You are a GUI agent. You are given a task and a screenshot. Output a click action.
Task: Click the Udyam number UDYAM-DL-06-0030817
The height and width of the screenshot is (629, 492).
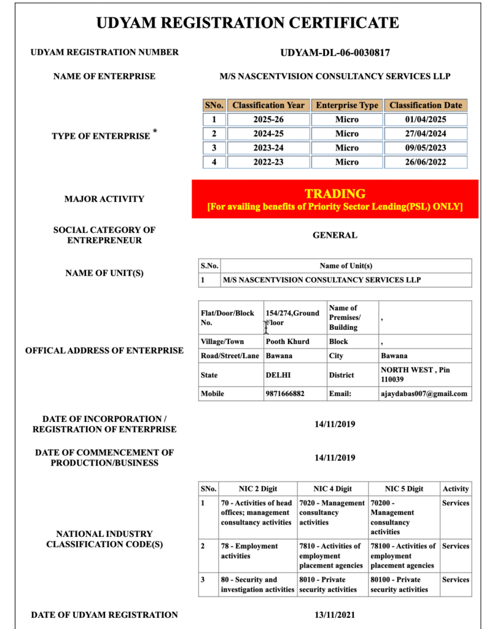tap(335, 53)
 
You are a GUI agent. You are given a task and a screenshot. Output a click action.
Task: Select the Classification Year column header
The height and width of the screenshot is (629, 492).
tap(268, 105)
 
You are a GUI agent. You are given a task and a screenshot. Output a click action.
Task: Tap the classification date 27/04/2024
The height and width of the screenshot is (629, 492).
tap(426, 133)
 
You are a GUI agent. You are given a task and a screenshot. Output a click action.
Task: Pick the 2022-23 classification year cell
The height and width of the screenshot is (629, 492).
tap(268, 162)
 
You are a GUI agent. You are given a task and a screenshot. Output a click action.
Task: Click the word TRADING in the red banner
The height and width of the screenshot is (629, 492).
tap(335, 193)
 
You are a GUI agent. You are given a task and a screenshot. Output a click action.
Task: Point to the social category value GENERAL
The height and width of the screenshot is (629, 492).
tap(335, 235)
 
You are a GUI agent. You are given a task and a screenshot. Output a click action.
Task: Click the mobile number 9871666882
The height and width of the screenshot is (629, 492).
tap(285, 394)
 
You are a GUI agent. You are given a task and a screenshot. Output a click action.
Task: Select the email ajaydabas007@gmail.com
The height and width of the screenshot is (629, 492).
tap(424, 394)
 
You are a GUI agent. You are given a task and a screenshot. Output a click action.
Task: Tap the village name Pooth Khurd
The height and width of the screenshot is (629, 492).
tap(287, 342)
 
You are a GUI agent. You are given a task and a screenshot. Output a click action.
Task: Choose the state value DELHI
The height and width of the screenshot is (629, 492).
tap(278, 375)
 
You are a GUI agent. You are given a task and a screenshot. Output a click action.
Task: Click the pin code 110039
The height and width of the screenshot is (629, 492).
tap(393, 380)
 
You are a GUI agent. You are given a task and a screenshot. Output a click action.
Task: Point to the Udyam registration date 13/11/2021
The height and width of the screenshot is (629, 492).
tap(335, 615)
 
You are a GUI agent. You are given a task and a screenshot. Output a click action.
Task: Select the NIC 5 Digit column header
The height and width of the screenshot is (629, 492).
tap(404, 489)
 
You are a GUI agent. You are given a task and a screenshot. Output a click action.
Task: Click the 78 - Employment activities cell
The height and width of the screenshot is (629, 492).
tap(249, 551)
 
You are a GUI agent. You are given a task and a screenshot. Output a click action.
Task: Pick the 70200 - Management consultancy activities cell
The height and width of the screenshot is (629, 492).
tap(392, 517)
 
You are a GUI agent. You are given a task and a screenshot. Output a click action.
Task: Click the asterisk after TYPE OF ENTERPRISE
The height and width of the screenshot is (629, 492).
tap(155, 131)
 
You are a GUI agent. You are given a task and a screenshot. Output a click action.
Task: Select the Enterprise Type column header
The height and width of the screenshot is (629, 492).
tap(347, 105)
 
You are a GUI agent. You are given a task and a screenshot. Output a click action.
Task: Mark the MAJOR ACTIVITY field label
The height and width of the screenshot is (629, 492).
tap(104, 199)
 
